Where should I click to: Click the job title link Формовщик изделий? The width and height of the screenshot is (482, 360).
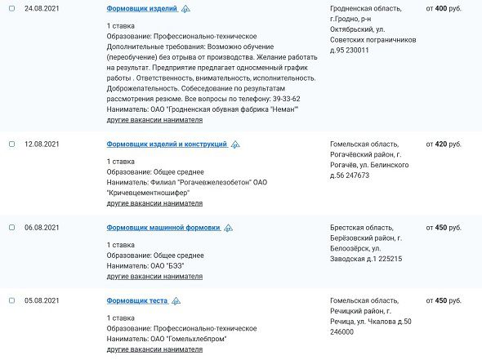[141, 8]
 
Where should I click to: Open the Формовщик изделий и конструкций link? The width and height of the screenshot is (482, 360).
[167, 144]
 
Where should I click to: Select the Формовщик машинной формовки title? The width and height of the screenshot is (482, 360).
[163, 227]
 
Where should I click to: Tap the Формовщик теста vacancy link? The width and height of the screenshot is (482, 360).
[137, 300]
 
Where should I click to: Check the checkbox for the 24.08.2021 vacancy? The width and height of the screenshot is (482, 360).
[11, 8]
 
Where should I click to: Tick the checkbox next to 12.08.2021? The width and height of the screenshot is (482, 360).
[11, 144]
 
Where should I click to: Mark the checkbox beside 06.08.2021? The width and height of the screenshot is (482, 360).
[11, 227]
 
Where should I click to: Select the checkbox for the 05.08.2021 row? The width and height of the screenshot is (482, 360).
[11, 300]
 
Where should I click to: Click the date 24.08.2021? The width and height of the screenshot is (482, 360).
[41, 8]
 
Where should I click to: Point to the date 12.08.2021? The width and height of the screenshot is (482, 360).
[41, 144]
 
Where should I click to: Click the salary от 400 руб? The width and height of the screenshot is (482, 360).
[444, 8]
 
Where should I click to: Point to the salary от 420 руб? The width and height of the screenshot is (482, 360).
[444, 144]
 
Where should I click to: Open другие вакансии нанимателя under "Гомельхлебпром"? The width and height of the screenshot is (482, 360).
[154, 349]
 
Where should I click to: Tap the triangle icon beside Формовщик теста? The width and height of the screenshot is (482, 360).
[176, 301]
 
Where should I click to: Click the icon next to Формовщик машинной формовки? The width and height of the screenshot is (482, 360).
[228, 228]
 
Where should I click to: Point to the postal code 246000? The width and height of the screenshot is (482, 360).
[341, 332]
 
